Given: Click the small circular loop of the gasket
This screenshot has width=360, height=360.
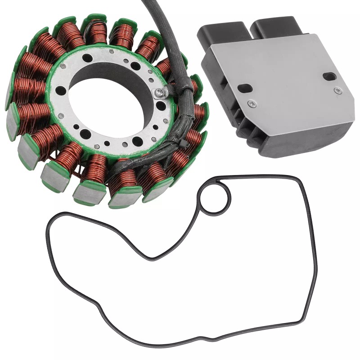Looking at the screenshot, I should (215, 198).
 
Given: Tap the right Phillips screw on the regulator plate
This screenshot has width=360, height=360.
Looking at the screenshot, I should (337, 91).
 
